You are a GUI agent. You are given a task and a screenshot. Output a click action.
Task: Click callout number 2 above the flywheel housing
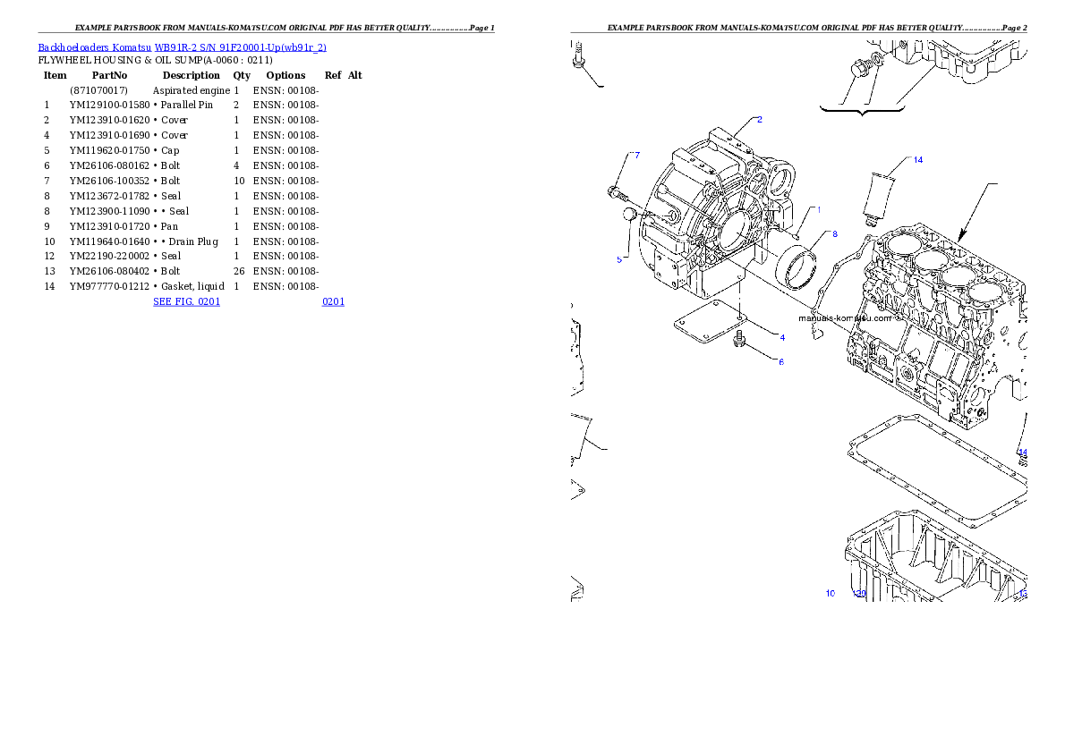(x=759, y=119)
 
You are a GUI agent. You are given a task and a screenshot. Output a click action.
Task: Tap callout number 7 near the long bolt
(x=636, y=155)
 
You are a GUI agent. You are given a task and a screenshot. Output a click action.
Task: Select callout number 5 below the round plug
(x=618, y=259)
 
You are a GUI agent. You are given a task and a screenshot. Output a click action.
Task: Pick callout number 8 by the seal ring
(x=834, y=234)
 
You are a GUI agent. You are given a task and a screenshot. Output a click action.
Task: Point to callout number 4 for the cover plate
(x=781, y=338)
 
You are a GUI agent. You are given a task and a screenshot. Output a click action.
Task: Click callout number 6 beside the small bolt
(x=780, y=362)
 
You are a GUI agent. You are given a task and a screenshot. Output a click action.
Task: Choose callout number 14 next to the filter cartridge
(x=917, y=160)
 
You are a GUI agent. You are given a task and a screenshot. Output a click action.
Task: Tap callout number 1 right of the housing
(x=817, y=208)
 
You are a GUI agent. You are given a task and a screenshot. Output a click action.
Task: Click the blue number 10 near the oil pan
(x=831, y=594)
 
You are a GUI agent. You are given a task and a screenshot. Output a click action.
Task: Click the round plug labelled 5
(x=629, y=215)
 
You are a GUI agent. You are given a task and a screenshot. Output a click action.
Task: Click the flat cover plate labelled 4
(x=710, y=326)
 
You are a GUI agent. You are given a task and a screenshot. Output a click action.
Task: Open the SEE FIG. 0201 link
(x=186, y=301)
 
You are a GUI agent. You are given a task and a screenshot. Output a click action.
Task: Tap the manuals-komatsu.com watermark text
(x=845, y=317)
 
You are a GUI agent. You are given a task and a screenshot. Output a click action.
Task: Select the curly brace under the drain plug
(x=862, y=111)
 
